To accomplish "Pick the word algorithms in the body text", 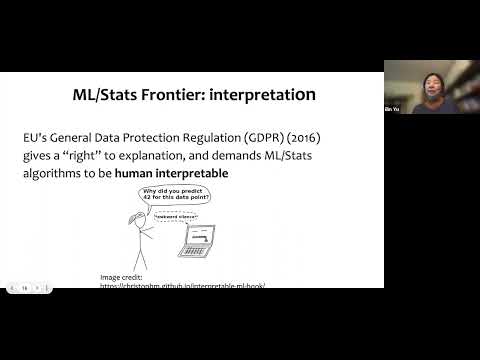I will point(52,174).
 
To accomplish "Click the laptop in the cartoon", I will point(198,240).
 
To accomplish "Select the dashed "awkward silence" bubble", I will point(177,216).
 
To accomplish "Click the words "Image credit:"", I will point(123,276).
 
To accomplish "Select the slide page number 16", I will point(23,288).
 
